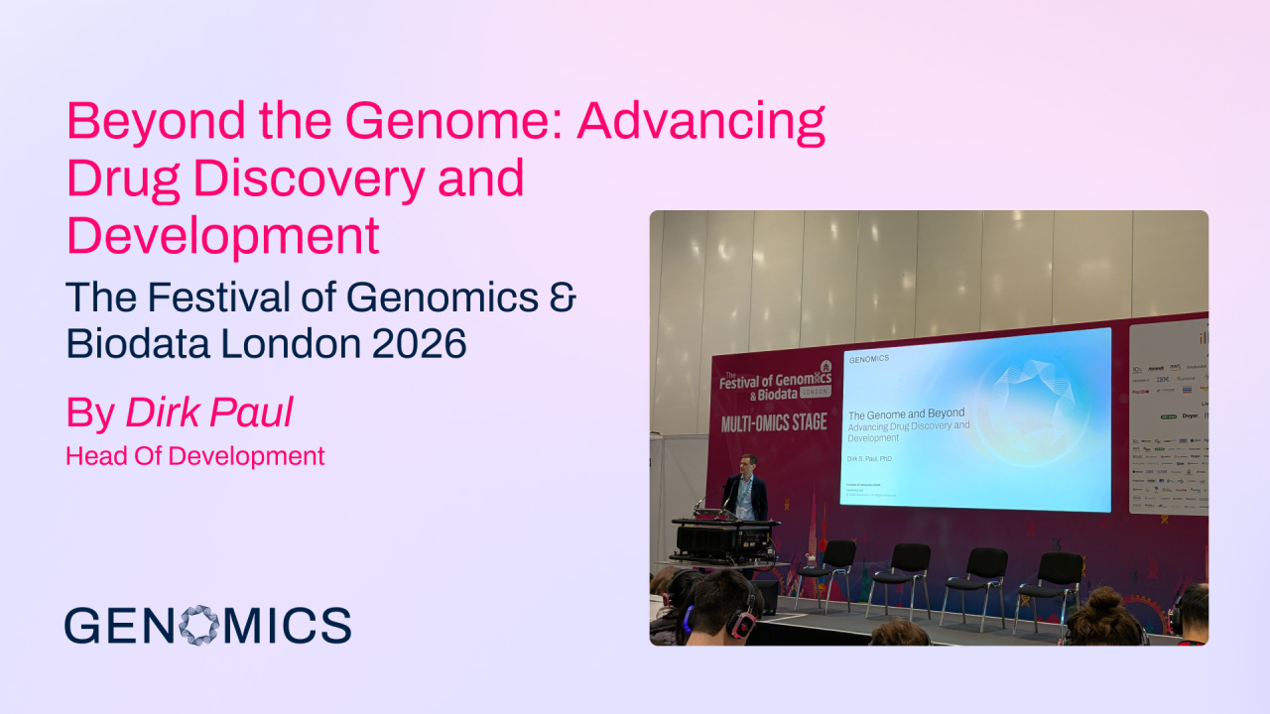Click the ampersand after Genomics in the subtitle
563,297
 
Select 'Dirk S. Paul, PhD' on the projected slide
870,459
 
